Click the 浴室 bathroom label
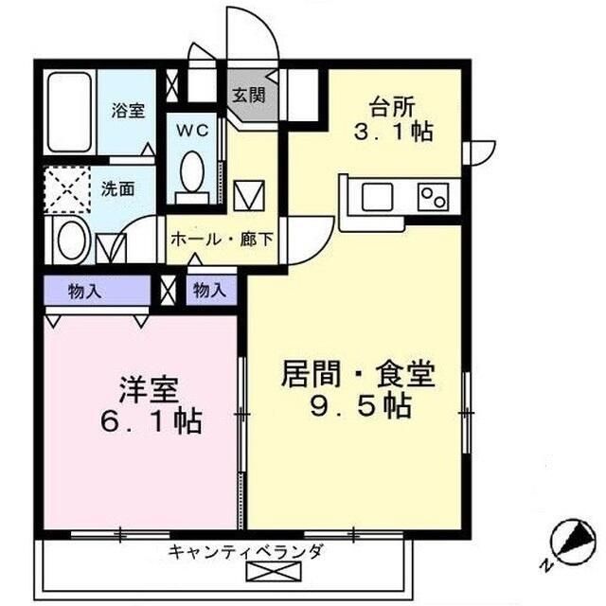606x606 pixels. (x=128, y=111)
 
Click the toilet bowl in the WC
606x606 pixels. (x=192, y=176)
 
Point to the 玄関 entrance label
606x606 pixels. (x=248, y=94)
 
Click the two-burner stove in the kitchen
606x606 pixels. (x=433, y=198)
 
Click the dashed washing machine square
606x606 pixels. (x=65, y=189)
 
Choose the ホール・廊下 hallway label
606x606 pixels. (x=222, y=239)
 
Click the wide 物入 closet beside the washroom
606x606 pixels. (x=85, y=291)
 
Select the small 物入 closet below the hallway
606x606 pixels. (x=208, y=291)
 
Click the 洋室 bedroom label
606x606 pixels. (x=148, y=388)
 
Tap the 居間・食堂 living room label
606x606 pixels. (x=357, y=373)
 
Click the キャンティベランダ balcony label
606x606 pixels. (x=246, y=551)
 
